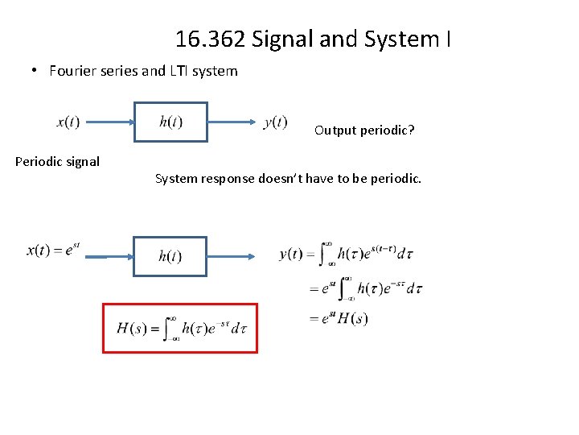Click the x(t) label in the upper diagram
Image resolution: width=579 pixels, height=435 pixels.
click(x=68, y=122)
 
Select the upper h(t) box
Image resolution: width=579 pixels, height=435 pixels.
click(x=170, y=122)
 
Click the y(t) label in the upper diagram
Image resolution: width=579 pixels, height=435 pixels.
click(x=275, y=122)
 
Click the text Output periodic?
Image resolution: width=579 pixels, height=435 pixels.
click(x=364, y=130)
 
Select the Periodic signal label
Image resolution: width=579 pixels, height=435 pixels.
click(x=57, y=161)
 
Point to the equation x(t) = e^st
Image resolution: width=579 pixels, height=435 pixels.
click(x=53, y=251)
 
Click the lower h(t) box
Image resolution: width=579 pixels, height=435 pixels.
click(x=170, y=256)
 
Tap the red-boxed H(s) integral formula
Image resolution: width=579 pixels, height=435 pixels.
click(x=180, y=328)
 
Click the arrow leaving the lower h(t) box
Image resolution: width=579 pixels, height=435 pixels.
click(x=232, y=256)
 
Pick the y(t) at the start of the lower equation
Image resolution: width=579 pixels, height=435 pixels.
click(x=291, y=254)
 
